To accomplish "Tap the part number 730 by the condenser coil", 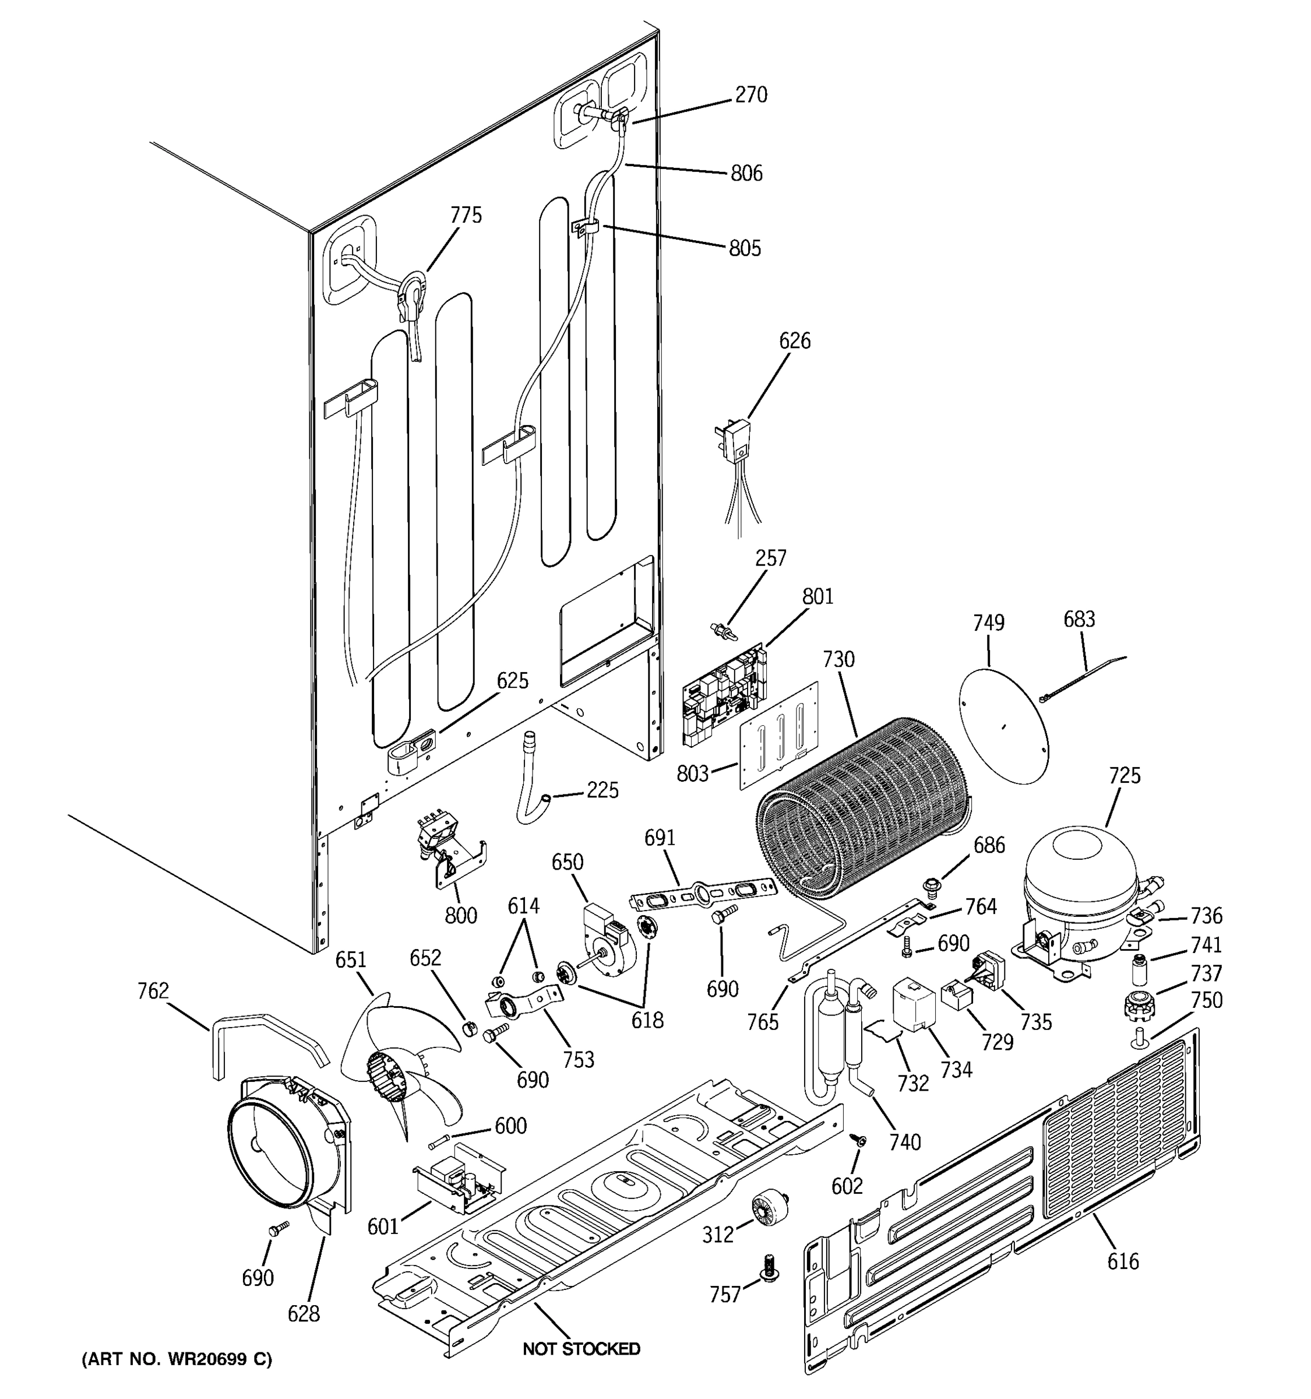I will tap(838, 660).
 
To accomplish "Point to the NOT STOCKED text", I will tap(581, 1349).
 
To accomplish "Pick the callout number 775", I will tap(466, 215).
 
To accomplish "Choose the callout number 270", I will tap(750, 95).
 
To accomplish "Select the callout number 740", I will tap(904, 1141).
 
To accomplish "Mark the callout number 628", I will tap(303, 1313).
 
